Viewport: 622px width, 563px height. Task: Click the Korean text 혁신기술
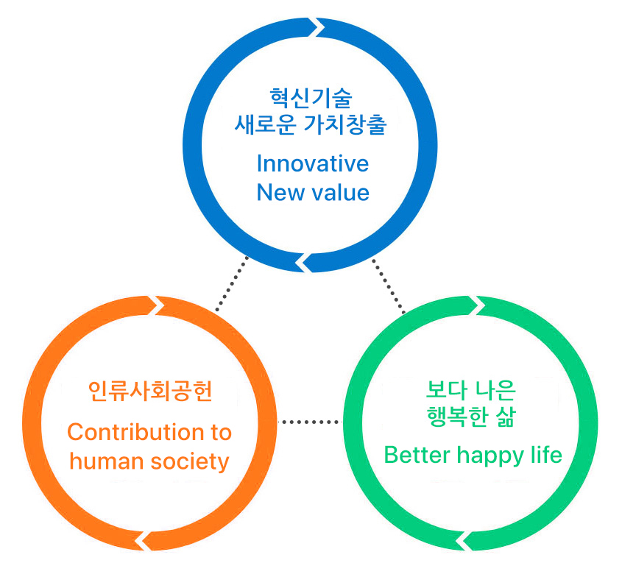coord(312,98)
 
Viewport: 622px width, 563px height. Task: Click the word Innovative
coord(312,163)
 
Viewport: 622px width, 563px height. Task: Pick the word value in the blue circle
coord(338,193)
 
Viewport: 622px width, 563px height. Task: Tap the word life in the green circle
coord(546,455)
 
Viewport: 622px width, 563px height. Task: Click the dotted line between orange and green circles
coord(312,422)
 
